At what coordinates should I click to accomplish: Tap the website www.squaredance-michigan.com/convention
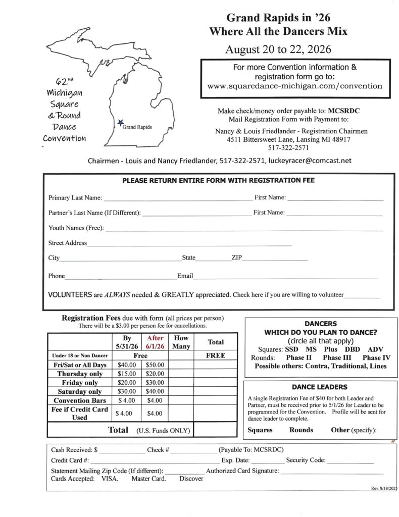point(295,86)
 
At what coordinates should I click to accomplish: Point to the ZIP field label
point(237,258)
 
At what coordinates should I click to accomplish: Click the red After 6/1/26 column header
point(155,342)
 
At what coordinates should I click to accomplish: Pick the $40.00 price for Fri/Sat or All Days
point(126,365)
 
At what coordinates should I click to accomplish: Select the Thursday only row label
point(80,374)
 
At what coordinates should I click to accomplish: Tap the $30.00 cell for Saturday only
point(126,391)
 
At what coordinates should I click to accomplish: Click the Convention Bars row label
point(80,400)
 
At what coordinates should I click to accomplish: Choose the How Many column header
point(181,342)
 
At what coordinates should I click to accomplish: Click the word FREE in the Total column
point(215,355)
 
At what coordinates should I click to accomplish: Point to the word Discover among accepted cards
point(191,479)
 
